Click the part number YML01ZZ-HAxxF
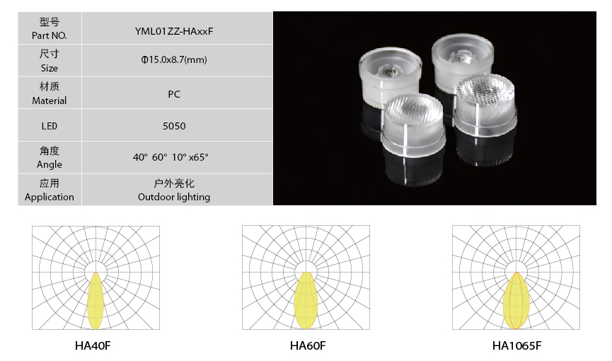pos(174,31)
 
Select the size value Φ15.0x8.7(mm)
pos(174,59)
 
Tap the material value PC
pos(174,94)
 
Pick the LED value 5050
pos(174,126)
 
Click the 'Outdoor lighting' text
pos(174,197)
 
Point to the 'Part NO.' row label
pos(50,35)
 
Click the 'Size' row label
pos(50,68)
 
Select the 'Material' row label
pos(50,101)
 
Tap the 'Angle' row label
pos(50,164)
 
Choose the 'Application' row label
pos(50,197)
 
